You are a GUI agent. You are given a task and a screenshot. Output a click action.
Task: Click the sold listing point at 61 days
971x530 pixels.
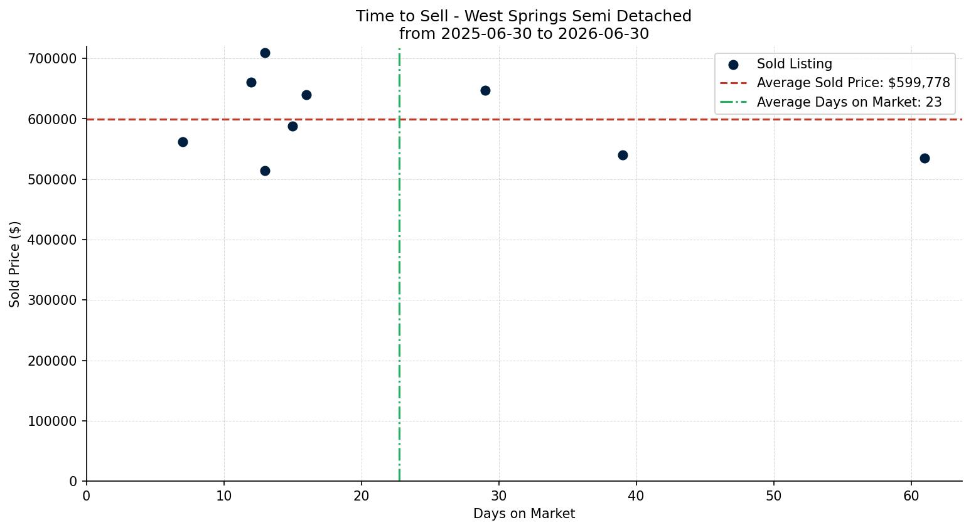point(925,159)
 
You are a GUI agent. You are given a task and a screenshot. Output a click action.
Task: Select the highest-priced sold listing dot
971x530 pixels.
point(266,53)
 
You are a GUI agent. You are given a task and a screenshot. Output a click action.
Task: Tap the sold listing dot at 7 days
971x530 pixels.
point(183,142)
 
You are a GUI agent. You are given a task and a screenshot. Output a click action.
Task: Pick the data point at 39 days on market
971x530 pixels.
point(623,156)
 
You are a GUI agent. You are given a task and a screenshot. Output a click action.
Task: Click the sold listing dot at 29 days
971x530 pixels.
point(486,90)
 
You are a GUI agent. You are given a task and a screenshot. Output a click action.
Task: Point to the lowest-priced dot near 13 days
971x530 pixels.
point(266,171)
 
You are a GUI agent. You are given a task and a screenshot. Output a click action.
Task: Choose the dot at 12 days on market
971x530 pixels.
point(252,83)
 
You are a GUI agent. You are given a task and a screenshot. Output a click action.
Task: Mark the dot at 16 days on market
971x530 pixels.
point(306,95)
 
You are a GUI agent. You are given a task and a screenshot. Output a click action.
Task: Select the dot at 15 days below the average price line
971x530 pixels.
point(292,127)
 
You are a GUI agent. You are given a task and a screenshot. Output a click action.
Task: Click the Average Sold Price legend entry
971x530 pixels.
point(835,83)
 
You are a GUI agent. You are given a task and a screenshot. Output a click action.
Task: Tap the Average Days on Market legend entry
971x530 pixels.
point(830,102)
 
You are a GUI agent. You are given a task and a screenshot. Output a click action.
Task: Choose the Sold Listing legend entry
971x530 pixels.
point(780,64)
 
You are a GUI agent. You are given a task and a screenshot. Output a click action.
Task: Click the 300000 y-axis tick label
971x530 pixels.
point(52,300)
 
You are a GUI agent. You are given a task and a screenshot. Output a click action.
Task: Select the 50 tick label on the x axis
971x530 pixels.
point(774,496)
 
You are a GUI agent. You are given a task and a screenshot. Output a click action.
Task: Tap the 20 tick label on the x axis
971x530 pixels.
point(362,496)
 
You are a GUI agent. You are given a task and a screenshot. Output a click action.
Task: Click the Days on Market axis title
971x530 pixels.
point(524,514)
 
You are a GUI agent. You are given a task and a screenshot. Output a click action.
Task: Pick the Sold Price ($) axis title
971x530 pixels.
point(14,265)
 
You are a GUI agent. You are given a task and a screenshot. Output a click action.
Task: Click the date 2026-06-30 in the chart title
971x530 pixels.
point(603,34)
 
